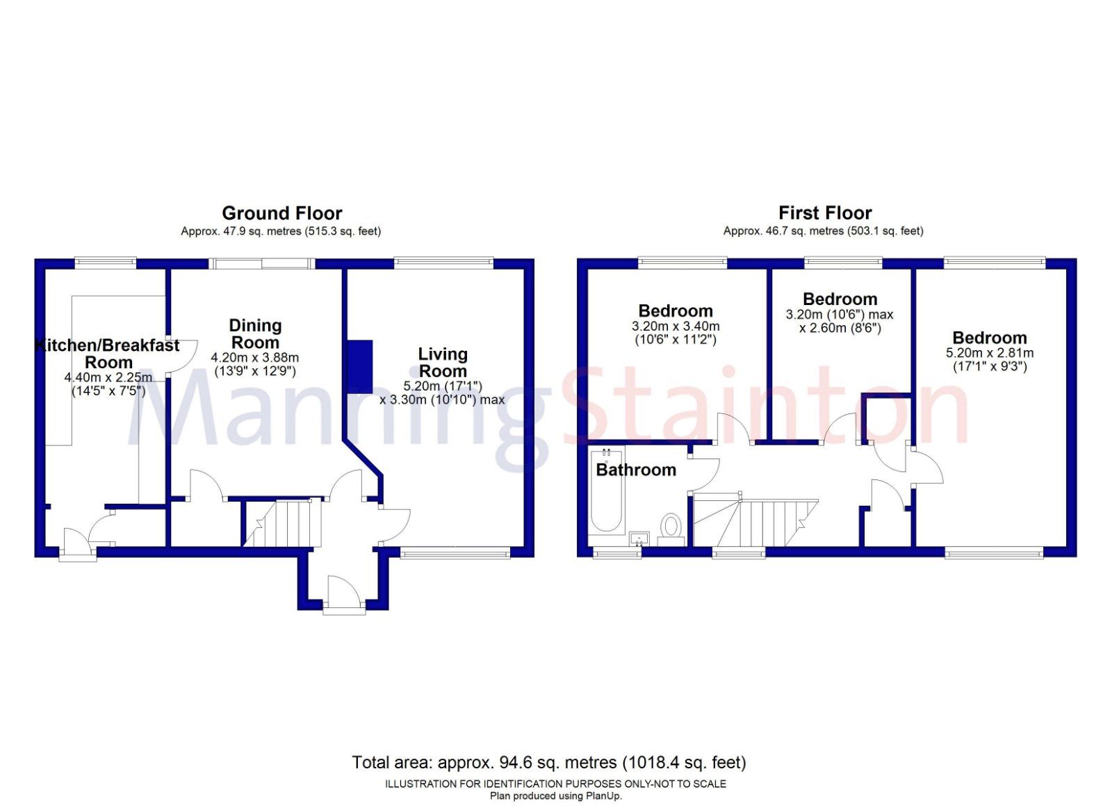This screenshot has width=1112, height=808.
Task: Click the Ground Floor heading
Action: click(x=281, y=213)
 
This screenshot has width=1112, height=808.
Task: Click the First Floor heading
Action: click(x=824, y=213)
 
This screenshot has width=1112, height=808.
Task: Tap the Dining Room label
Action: click(x=255, y=334)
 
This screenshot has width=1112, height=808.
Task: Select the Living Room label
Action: click(x=443, y=363)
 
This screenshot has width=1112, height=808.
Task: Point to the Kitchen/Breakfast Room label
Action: click(x=108, y=354)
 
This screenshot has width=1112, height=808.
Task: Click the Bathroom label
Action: click(x=636, y=470)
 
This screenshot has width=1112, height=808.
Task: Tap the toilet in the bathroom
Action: click(x=671, y=526)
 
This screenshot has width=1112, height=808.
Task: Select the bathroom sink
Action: click(x=639, y=538)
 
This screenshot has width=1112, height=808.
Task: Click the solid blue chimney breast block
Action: click(x=360, y=367)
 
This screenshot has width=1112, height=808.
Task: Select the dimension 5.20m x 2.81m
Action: click(x=990, y=353)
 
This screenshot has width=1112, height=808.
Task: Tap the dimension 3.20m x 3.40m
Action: click(x=676, y=327)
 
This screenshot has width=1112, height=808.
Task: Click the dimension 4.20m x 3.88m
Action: click(x=255, y=358)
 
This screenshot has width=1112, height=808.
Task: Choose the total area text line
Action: click(x=548, y=763)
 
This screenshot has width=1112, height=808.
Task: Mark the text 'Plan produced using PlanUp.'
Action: click(x=555, y=796)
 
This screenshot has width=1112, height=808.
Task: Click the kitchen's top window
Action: click(x=106, y=263)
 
